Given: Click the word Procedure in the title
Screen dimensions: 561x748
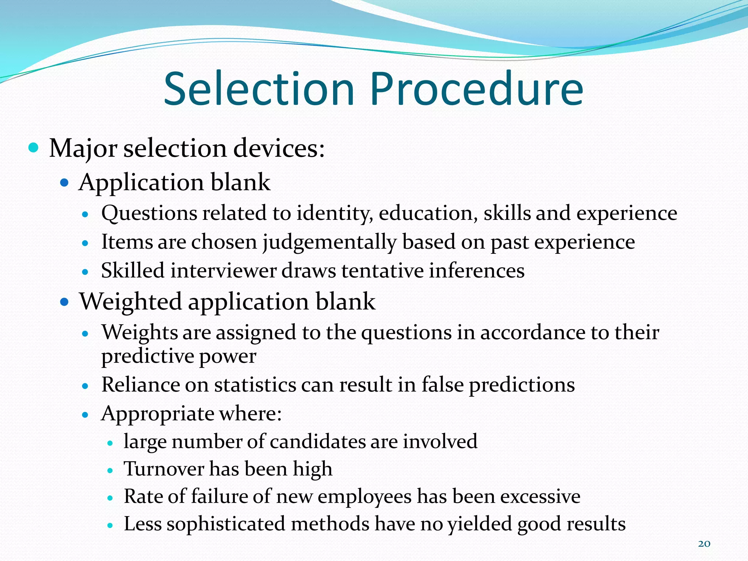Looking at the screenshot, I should [x=477, y=89].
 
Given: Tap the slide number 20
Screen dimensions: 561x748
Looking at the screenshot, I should [x=704, y=544].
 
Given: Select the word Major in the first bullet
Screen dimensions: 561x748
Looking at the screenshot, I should [x=83, y=149].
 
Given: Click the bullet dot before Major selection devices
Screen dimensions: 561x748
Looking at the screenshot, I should [x=33, y=148].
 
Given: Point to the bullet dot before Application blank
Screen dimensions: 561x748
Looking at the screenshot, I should [x=64, y=182].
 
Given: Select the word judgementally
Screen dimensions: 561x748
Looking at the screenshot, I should [x=329, y=242].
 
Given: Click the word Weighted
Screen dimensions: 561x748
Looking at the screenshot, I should [x=130, y=302].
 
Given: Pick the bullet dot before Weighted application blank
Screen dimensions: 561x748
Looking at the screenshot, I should [x=64, y=302].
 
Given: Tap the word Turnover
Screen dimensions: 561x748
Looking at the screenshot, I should [x=164, y=469].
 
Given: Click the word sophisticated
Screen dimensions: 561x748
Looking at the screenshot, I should [x=226, y=524].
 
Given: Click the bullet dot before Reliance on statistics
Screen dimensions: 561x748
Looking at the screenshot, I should [x=85, y=386].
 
